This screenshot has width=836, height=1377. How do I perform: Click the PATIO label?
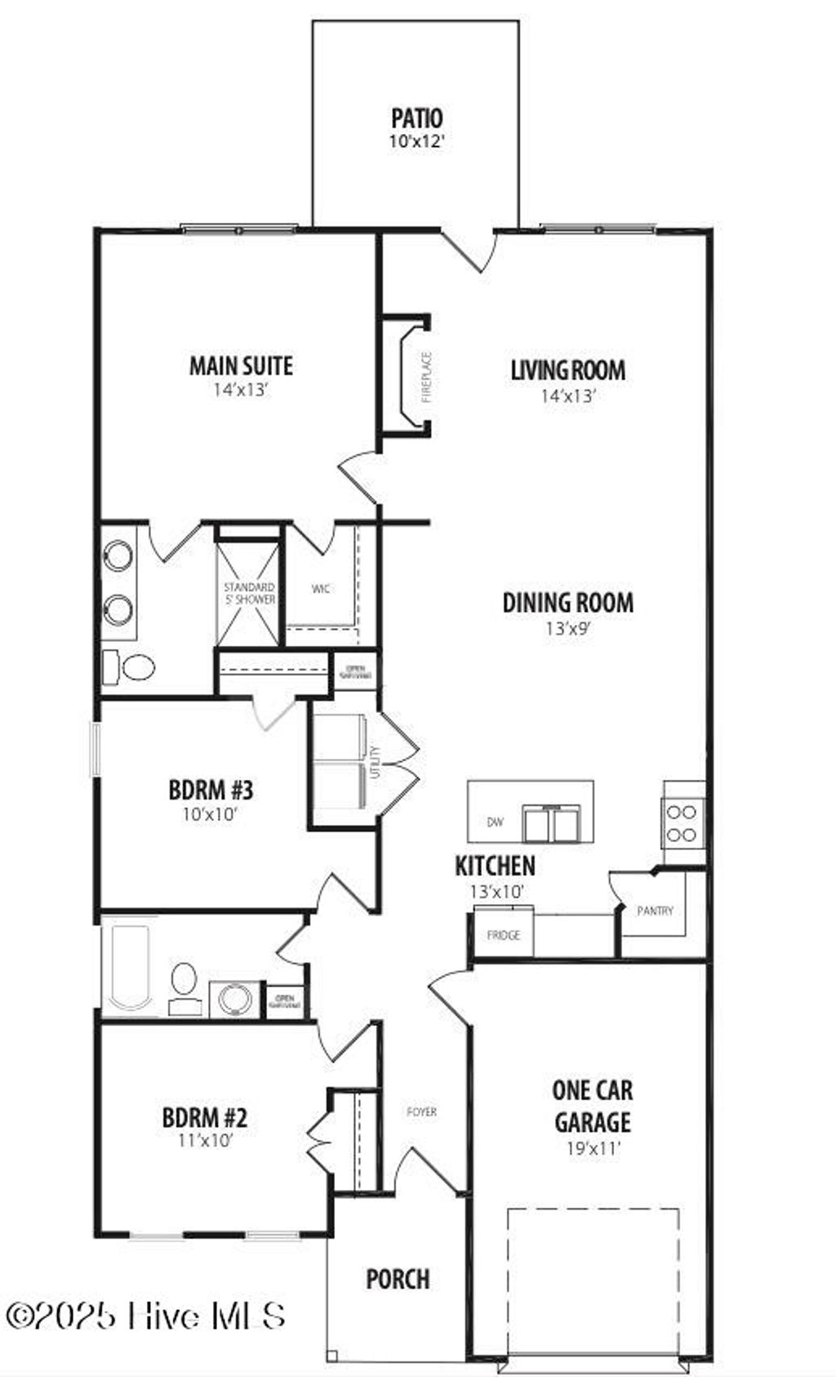point(416,118)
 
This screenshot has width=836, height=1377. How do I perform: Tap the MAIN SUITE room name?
point(241,365)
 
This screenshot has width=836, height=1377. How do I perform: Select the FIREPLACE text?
point(426,377)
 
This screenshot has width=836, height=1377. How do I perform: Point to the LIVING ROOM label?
point(568,370)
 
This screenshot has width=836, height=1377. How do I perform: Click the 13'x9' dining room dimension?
point(568,629)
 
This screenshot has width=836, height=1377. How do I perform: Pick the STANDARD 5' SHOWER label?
point(249,593)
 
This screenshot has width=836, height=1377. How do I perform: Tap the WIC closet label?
point(321,588)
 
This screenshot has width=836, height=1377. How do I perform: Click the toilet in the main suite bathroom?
point(131,667)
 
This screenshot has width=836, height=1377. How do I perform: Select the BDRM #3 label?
point(211,790)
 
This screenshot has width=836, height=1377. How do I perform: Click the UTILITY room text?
point(375,762)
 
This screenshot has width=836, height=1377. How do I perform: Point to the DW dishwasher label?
point(495,822)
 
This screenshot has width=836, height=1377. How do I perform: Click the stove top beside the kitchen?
point(683,823)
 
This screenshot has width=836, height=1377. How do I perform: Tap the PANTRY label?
point(655,910)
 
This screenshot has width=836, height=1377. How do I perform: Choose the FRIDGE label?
point(503,935)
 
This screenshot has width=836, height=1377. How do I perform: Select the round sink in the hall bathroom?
point(235,1000)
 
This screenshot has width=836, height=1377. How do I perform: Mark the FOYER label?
point(422,1112)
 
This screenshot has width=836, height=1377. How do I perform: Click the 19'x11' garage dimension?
point(594,1148)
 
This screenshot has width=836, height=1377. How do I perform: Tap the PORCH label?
point(398,1279)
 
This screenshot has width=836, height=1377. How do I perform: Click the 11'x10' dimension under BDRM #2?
point(205,1140)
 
